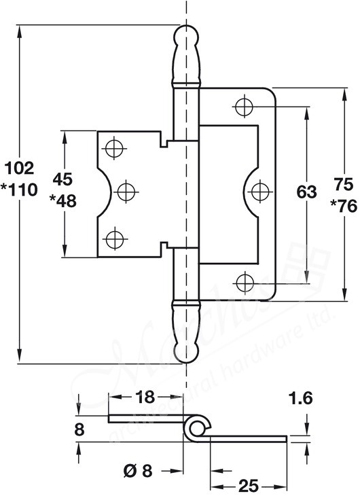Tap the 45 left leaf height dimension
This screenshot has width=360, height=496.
(63, 180)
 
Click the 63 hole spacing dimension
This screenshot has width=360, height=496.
(306, 192)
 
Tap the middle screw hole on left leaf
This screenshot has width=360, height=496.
(124, 192)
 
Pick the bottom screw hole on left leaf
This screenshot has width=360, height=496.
(113, 238)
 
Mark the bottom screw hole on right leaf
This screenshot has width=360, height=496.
(243, 280)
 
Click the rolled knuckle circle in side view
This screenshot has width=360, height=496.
(195, 427)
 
